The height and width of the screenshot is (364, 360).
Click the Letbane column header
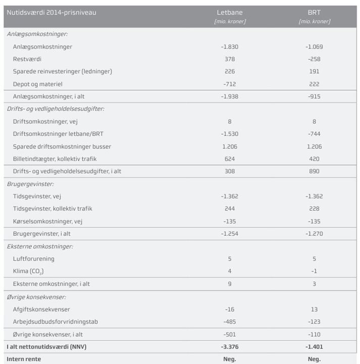pos(229,12)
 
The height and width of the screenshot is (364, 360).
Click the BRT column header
pos(314,12)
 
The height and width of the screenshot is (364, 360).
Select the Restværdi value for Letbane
pos(229,59)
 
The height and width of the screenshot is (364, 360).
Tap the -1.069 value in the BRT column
pos(314,46)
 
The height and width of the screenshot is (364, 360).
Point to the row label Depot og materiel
pos(37,84)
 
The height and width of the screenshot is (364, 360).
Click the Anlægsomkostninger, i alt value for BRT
pos(314,96)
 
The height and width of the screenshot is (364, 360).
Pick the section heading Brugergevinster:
pos(30,184)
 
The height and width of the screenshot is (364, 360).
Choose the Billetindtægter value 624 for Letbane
pos(229,159)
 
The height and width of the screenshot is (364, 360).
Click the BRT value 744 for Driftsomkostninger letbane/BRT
pos(314,134)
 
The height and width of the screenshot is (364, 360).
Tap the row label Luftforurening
pos(34,259)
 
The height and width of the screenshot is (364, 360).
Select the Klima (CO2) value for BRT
pos(314,271)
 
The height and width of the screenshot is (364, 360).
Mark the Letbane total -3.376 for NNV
pos(229,347)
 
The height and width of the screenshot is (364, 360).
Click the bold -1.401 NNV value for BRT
pos(314,347)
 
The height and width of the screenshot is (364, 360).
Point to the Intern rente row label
pos(24,359)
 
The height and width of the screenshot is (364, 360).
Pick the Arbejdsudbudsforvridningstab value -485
pos(229,322)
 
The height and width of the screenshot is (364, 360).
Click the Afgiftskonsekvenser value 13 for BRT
pos(314,309)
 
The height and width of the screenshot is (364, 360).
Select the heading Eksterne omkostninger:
pos(40,246)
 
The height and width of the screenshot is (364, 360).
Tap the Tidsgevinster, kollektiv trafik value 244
pos(229,209)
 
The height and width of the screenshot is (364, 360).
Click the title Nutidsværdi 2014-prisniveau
pos(51,12)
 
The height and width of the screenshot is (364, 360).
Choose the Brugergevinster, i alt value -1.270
pos(314,234)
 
